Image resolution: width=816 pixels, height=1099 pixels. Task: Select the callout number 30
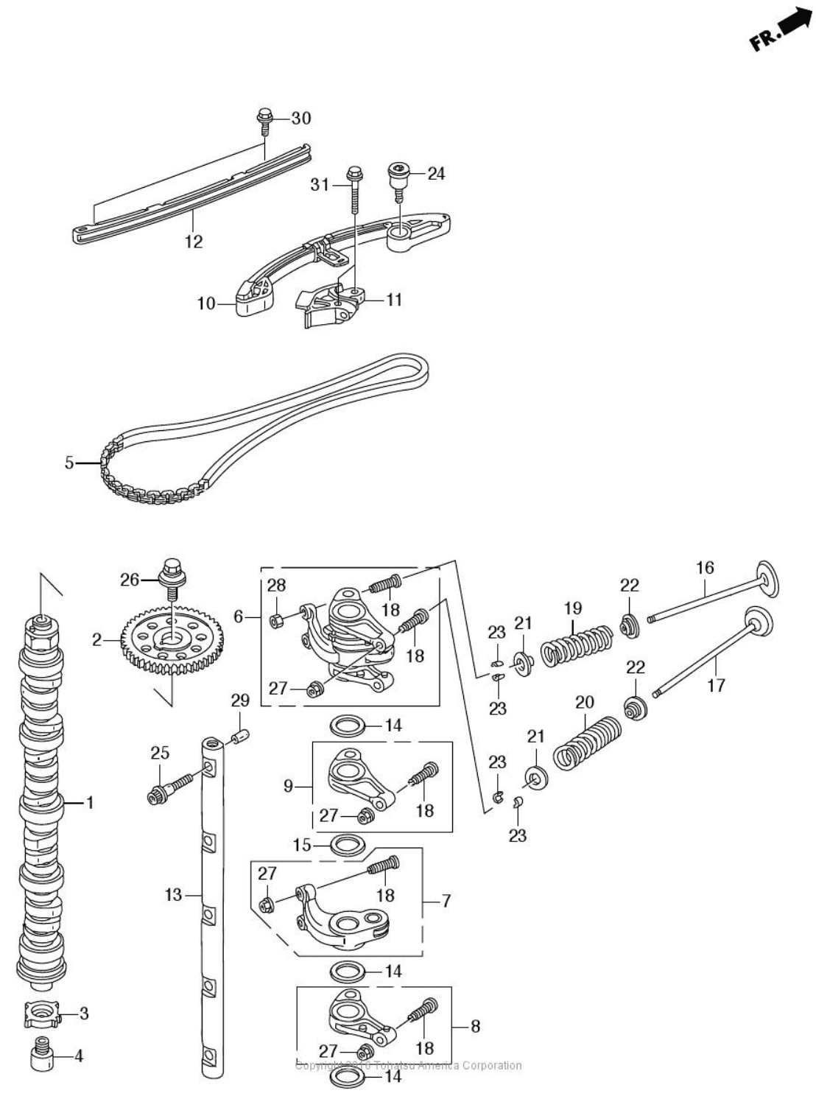(300, 118)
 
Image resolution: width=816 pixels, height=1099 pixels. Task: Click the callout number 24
(436, 174)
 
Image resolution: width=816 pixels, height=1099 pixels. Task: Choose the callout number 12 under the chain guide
(194, 242)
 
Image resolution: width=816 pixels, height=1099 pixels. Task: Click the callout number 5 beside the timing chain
(69, 463)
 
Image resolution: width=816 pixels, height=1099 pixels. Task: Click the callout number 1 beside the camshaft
(90, 802)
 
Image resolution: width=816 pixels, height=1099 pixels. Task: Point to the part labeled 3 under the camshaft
(40, 1014)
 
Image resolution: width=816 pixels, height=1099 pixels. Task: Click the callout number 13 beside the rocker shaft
(172, 895)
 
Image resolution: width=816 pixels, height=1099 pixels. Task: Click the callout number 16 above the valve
(705, 567)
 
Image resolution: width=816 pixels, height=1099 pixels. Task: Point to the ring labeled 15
(345, 844)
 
